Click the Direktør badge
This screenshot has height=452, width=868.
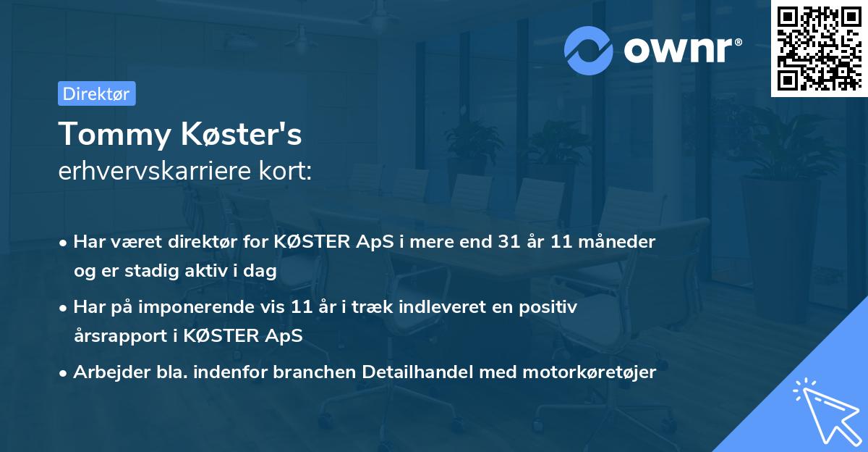click(x=96, y=93)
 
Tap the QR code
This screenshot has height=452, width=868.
click(x=819, y=49)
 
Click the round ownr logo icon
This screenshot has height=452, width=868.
click(x=587, y=50)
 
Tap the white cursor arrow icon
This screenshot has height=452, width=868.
click(x=825, y=410)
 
